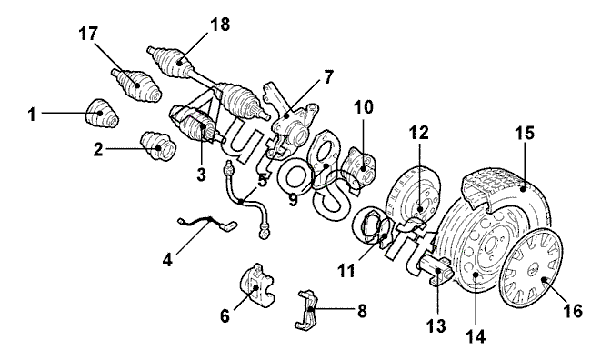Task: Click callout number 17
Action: [88, 34]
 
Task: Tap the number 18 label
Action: [220, 25]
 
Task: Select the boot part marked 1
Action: [101, 114]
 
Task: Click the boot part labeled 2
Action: [158, 146]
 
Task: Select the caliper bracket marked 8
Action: [308, 310]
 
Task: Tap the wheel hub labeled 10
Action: [359, 166]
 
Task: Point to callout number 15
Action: [525, 133]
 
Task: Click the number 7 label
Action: [329, 77]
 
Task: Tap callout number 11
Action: [346, 270]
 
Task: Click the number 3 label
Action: [201, 175]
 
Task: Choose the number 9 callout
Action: [293, 200]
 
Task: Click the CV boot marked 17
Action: [136, 86]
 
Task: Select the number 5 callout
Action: [262, 180]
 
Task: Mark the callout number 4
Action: [167, 260]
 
